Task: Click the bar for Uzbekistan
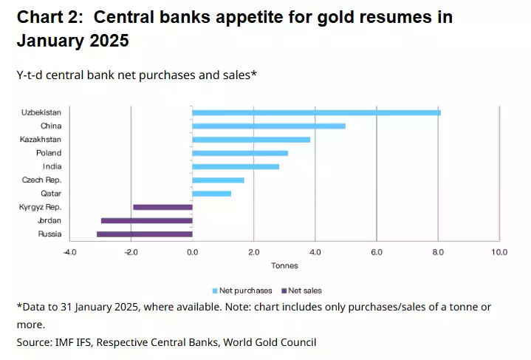pos(316,112)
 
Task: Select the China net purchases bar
pos(269,126)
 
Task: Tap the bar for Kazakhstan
pos(251,139)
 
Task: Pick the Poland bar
pos(240,153)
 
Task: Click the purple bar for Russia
pos(145,234)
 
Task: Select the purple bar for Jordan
pos(147,220)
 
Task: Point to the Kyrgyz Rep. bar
pos(162,207)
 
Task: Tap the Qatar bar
pos(212,194)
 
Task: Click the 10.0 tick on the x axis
pos(499,252)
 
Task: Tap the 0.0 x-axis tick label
pos(192,252)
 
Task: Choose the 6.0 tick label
pos(377,252)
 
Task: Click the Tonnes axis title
pos(284,265)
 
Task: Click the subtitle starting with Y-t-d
pos(136,75)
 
